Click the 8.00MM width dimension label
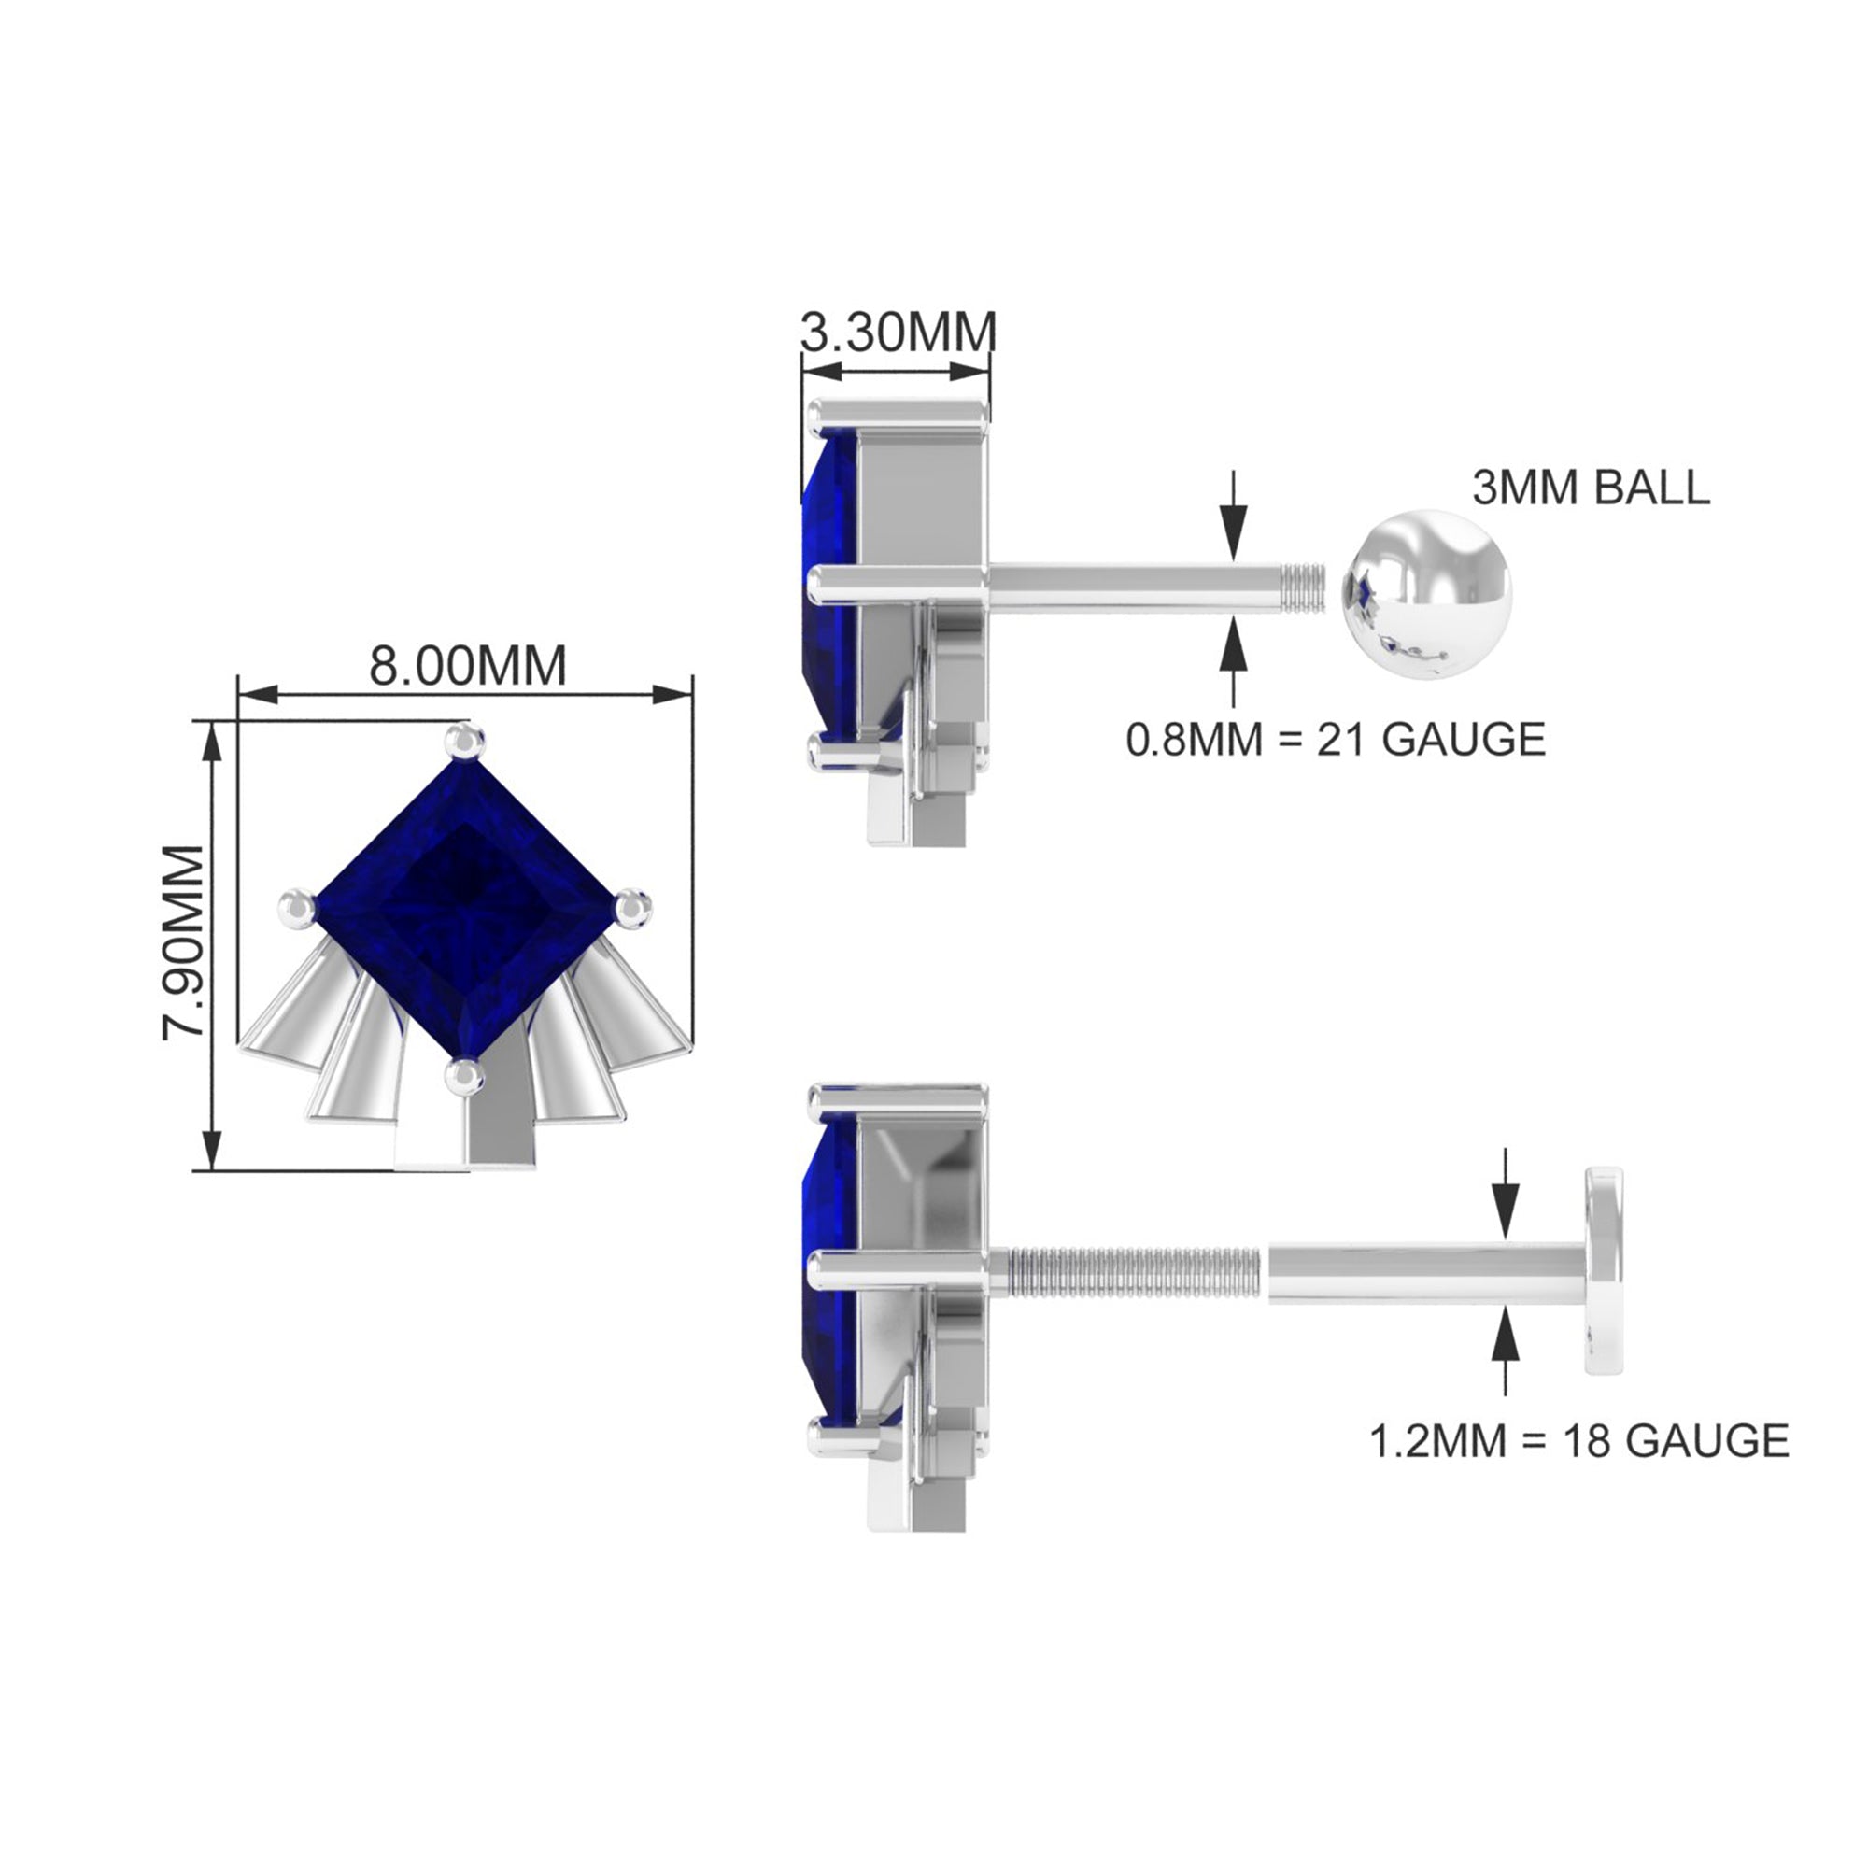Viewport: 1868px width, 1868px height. coord(468,666)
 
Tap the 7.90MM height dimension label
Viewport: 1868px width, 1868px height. coord(184,942)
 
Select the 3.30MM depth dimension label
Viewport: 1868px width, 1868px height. coord(899,333)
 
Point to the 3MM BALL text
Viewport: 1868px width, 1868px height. coord(1591,488)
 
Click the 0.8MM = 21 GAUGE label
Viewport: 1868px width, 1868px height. coord(1337,741)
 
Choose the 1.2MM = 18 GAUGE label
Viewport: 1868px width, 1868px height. coord(1578,1441)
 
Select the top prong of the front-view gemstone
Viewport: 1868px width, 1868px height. coord(465,742)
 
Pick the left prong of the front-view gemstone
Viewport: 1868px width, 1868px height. coord(296,909)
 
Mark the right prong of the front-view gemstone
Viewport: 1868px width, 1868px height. coord(634,907)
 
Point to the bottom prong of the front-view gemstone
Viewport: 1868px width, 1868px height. coord(465,1075)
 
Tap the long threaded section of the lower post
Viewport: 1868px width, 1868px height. coord(1133,1271)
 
